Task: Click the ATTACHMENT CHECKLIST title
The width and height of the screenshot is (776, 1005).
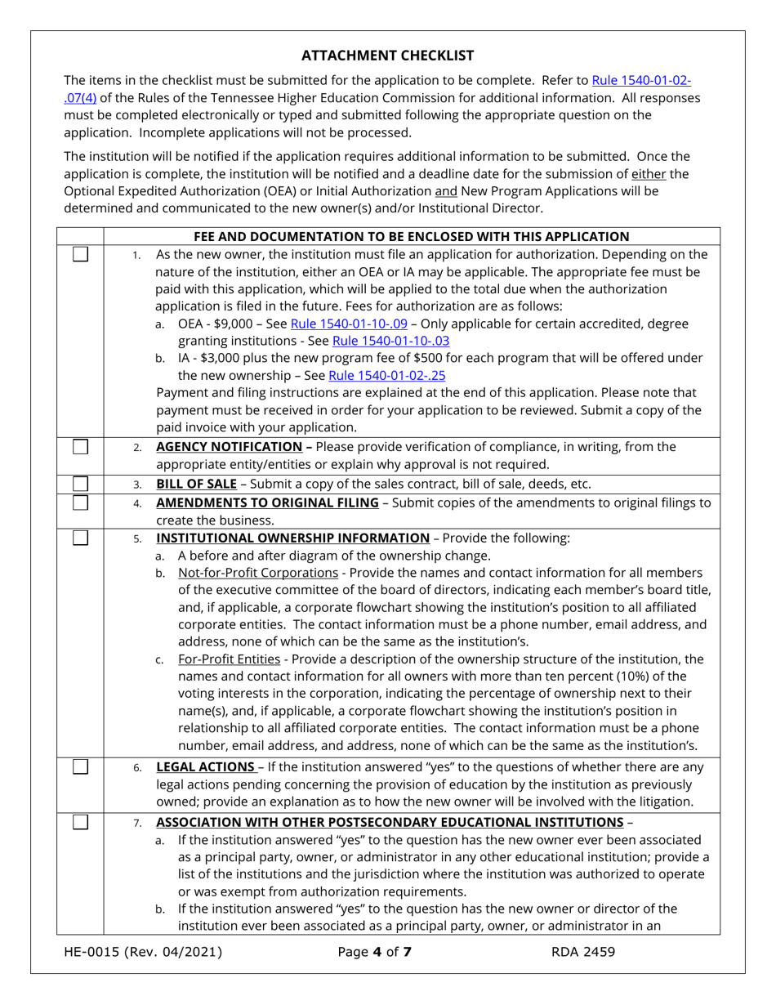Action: pyautogui.click(x=387, y=56)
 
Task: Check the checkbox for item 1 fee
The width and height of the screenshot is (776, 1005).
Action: pyautogui.click(x=80, y=254)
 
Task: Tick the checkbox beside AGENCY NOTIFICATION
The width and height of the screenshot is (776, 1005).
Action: pyautogui.click(x=80, y=446)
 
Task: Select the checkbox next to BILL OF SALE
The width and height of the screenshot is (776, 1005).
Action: pyautogui.click(x=80, y=483)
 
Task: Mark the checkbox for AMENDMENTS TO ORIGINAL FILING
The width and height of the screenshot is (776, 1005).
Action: pyautogui.click(x=80, y=502)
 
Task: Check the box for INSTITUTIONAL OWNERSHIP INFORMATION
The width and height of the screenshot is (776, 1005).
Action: pyautogui.click(x=80, y=538)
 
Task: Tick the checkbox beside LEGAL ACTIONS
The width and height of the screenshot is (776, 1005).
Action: pyautogui.click(x=80, y=766)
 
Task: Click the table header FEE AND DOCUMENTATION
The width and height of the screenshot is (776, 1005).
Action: pyautogui.click(x=412, y=237)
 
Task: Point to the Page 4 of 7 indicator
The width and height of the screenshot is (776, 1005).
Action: pyautogui.click(x=373, y=951)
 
